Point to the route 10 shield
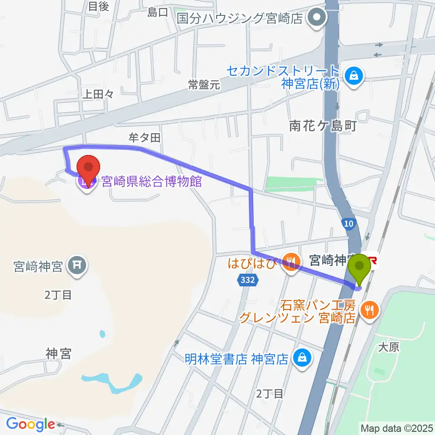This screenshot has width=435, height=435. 348,223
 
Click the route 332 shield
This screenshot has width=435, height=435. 247,280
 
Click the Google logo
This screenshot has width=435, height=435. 30,424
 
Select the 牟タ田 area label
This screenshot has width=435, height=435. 145,138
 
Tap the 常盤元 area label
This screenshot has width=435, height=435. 204,85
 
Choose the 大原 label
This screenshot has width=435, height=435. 388,347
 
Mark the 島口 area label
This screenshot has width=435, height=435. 158,13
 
